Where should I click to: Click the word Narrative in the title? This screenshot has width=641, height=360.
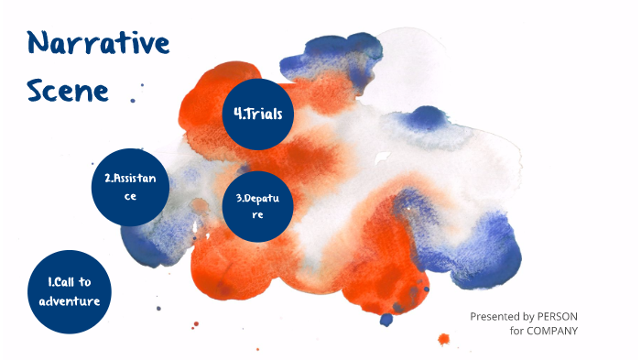(x=98, y=42)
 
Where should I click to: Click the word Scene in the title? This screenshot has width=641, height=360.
(x=68, y=90)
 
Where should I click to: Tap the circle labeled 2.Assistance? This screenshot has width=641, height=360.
(x=130, y=188)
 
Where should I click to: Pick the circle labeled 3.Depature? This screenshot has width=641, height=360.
(x=257, y=206)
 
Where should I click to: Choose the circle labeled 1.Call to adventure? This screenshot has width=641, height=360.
(x=62, y=289)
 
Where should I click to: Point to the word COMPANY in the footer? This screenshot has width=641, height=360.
(x=552, y=331)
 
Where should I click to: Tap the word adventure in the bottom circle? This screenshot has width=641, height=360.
(x=62, y=300)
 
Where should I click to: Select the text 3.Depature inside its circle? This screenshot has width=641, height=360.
(x=257, y=206)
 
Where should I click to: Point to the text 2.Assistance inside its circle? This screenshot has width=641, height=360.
(x=130, y=187)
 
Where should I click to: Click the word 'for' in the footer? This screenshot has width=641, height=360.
(x=516, y=331)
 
